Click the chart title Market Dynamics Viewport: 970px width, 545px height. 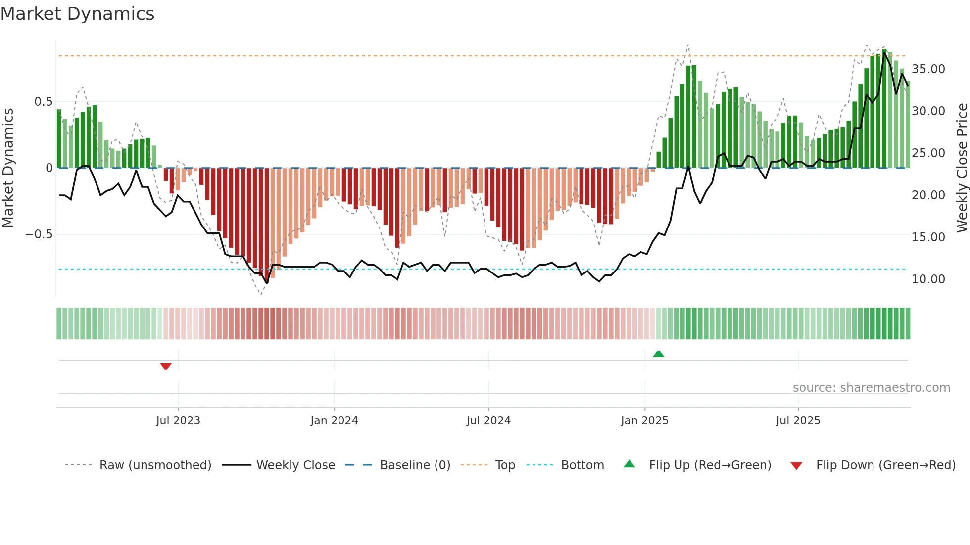pyautogui.click(x=78, y=14)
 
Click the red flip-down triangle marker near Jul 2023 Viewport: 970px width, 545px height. pyautogui.click(x=166, y=366)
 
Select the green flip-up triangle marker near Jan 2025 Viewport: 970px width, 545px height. pyautogui.click(x=658, y=354)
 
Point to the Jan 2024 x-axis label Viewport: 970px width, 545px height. pyautogui.click(x=334, y=421)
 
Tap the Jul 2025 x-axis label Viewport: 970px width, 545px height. pyautogui.click(x=798, y=421)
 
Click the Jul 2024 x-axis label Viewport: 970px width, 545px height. pyautogui.click(x=488, y=421)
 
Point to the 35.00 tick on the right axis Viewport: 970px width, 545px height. pyautogui.click(x=928, y=69)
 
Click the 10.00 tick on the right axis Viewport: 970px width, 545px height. pyautogui.click(x=928, y=279)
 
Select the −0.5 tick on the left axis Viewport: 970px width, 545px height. pyautogui.click(x=39, y=234)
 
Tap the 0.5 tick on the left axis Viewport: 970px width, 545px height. pyautogui.click(x=43, y=102)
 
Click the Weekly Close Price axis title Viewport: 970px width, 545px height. pyautogui.click(x=962, y=168)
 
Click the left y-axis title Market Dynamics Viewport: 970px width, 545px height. pyautogui.click(x=8, y=168)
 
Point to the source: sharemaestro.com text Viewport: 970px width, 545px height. pyautogui.click(x=871, y=388)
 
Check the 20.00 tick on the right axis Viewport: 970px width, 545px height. pyautogui.click(x=928, y=195)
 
